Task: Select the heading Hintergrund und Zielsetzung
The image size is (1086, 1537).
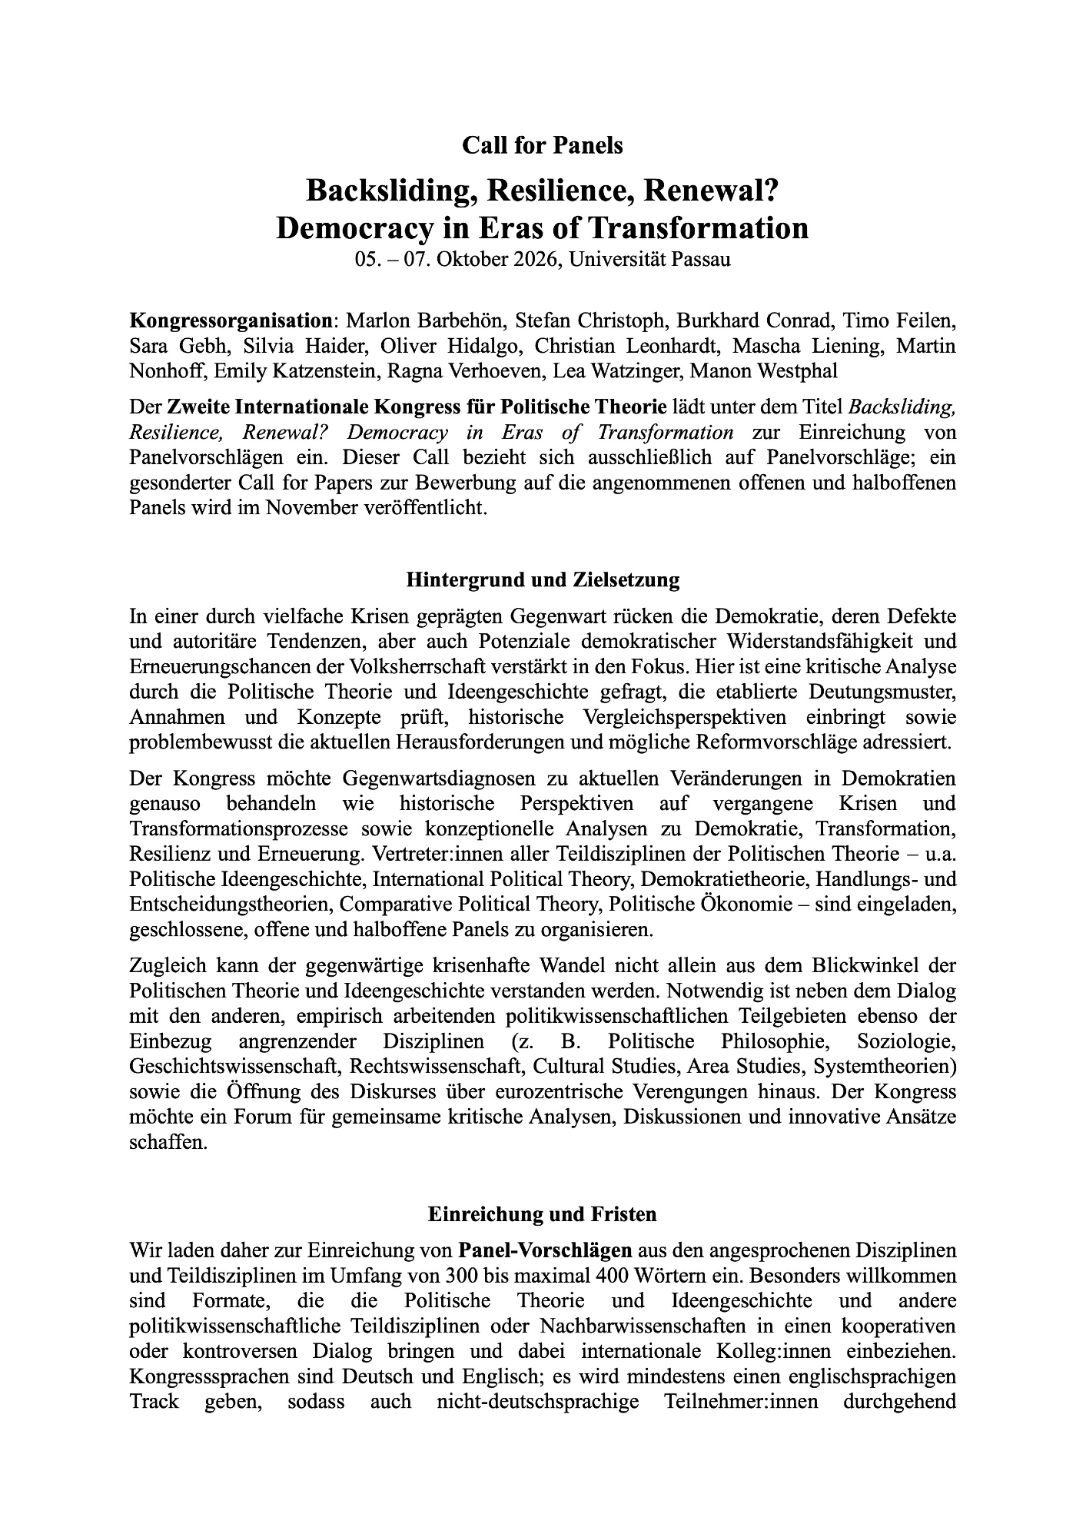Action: [x=542, y=579]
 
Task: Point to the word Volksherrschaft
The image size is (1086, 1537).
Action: [x=417, y=666]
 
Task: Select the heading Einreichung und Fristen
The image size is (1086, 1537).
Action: [x=542, y=1214]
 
